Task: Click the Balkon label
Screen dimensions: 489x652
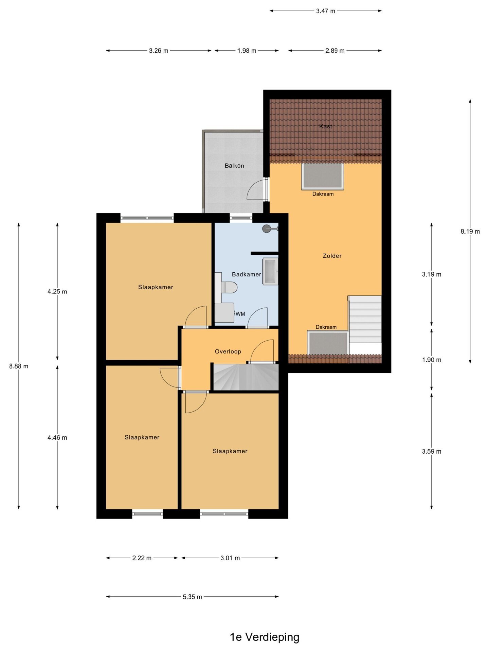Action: tap(234, 166)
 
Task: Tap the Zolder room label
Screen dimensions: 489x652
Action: tap(332, 256)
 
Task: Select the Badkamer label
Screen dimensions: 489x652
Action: tap(247, 274)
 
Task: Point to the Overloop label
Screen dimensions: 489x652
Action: tap(228, 351)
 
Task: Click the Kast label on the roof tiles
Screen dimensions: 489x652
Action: tap(326, 126)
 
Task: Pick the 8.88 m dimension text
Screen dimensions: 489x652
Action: tap(19, 366)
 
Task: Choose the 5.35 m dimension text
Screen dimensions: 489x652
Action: tap(192, 597)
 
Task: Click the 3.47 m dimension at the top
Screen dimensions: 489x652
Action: tap(326, 11)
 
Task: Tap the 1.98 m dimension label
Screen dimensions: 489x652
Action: tap(247, 51)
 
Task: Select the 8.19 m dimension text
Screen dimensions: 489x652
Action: tap(470, 232)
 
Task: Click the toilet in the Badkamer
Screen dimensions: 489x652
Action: tap(229, 287)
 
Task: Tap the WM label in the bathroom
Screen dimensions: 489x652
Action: tap(240, 314)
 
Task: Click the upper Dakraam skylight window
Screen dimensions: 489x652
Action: tap(323, 176)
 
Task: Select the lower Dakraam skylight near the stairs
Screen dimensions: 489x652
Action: tap(328, 343)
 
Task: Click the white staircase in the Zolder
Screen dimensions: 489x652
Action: tap(365, 320)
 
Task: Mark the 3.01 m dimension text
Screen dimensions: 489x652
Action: tap(230, 558)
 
